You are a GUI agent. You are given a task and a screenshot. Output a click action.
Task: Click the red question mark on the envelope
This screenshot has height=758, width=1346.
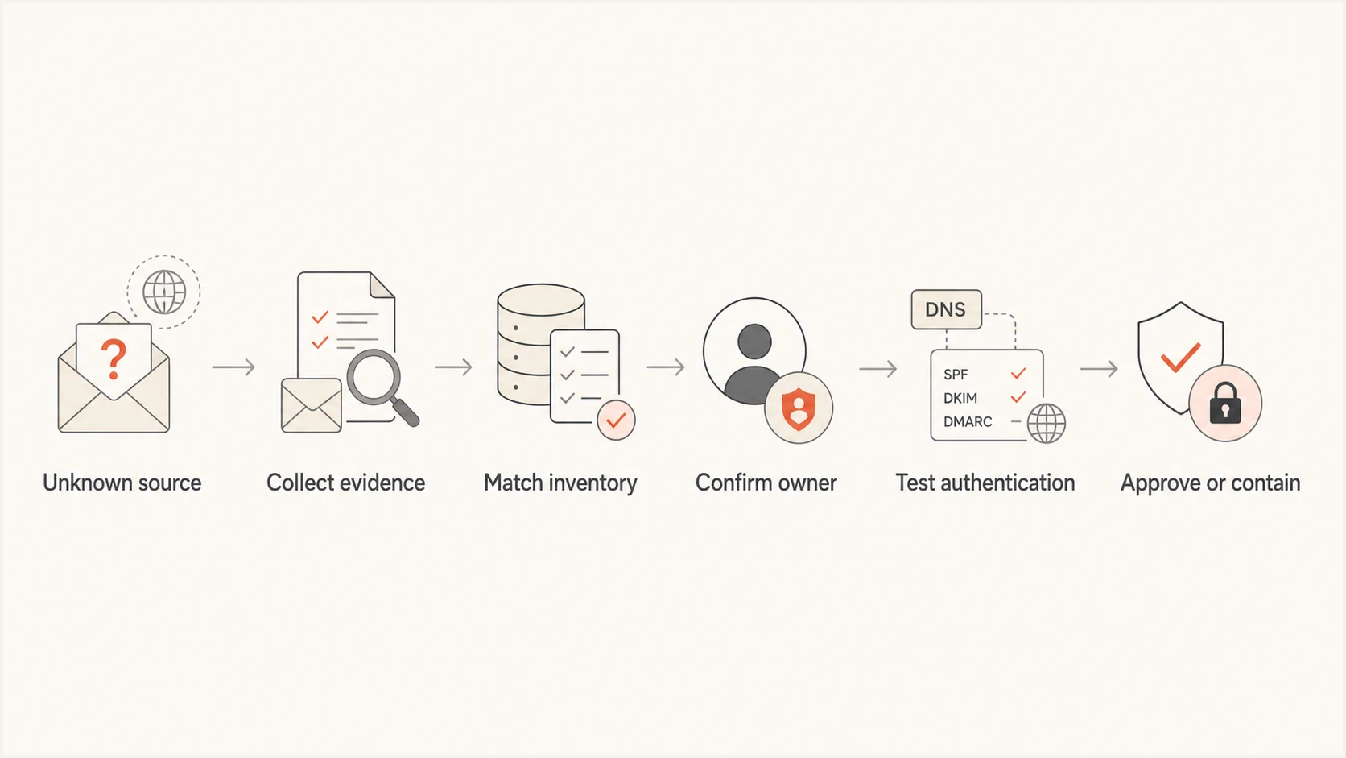[114, 359]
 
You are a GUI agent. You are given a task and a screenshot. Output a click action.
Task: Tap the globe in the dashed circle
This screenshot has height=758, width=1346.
[164, 292]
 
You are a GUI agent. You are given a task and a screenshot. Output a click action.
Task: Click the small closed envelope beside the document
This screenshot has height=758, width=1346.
[312, 405]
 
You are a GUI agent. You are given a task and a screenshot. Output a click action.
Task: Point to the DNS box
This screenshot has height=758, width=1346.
[947, 309]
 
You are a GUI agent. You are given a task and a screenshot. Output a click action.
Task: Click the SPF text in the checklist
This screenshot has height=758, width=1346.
[956, 375]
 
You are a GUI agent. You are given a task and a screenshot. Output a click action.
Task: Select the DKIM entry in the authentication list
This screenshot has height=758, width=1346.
[960, 398]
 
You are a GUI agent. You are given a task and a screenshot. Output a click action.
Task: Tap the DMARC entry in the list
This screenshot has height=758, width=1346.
[968, 422]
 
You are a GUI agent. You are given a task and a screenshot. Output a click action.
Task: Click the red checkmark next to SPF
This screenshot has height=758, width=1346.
[1018, 374]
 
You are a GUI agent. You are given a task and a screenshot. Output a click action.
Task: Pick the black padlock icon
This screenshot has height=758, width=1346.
[1225, 403]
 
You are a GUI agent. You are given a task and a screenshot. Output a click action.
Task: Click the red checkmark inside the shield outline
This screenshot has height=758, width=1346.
[1180, 358]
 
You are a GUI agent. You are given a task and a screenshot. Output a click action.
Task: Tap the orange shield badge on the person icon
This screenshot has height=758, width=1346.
[799, 408]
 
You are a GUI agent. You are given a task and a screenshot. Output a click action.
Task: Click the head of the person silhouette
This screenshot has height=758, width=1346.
[754, 342]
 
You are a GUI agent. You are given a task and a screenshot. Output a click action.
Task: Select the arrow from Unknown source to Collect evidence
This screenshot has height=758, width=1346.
[233, 367]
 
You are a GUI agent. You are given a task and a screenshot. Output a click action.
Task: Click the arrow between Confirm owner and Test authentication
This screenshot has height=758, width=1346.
[878, 368]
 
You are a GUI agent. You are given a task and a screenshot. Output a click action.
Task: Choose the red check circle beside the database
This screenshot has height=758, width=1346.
[616, 420]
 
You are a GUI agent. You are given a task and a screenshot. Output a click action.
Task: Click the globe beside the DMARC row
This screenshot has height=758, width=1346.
[1047, 423]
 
